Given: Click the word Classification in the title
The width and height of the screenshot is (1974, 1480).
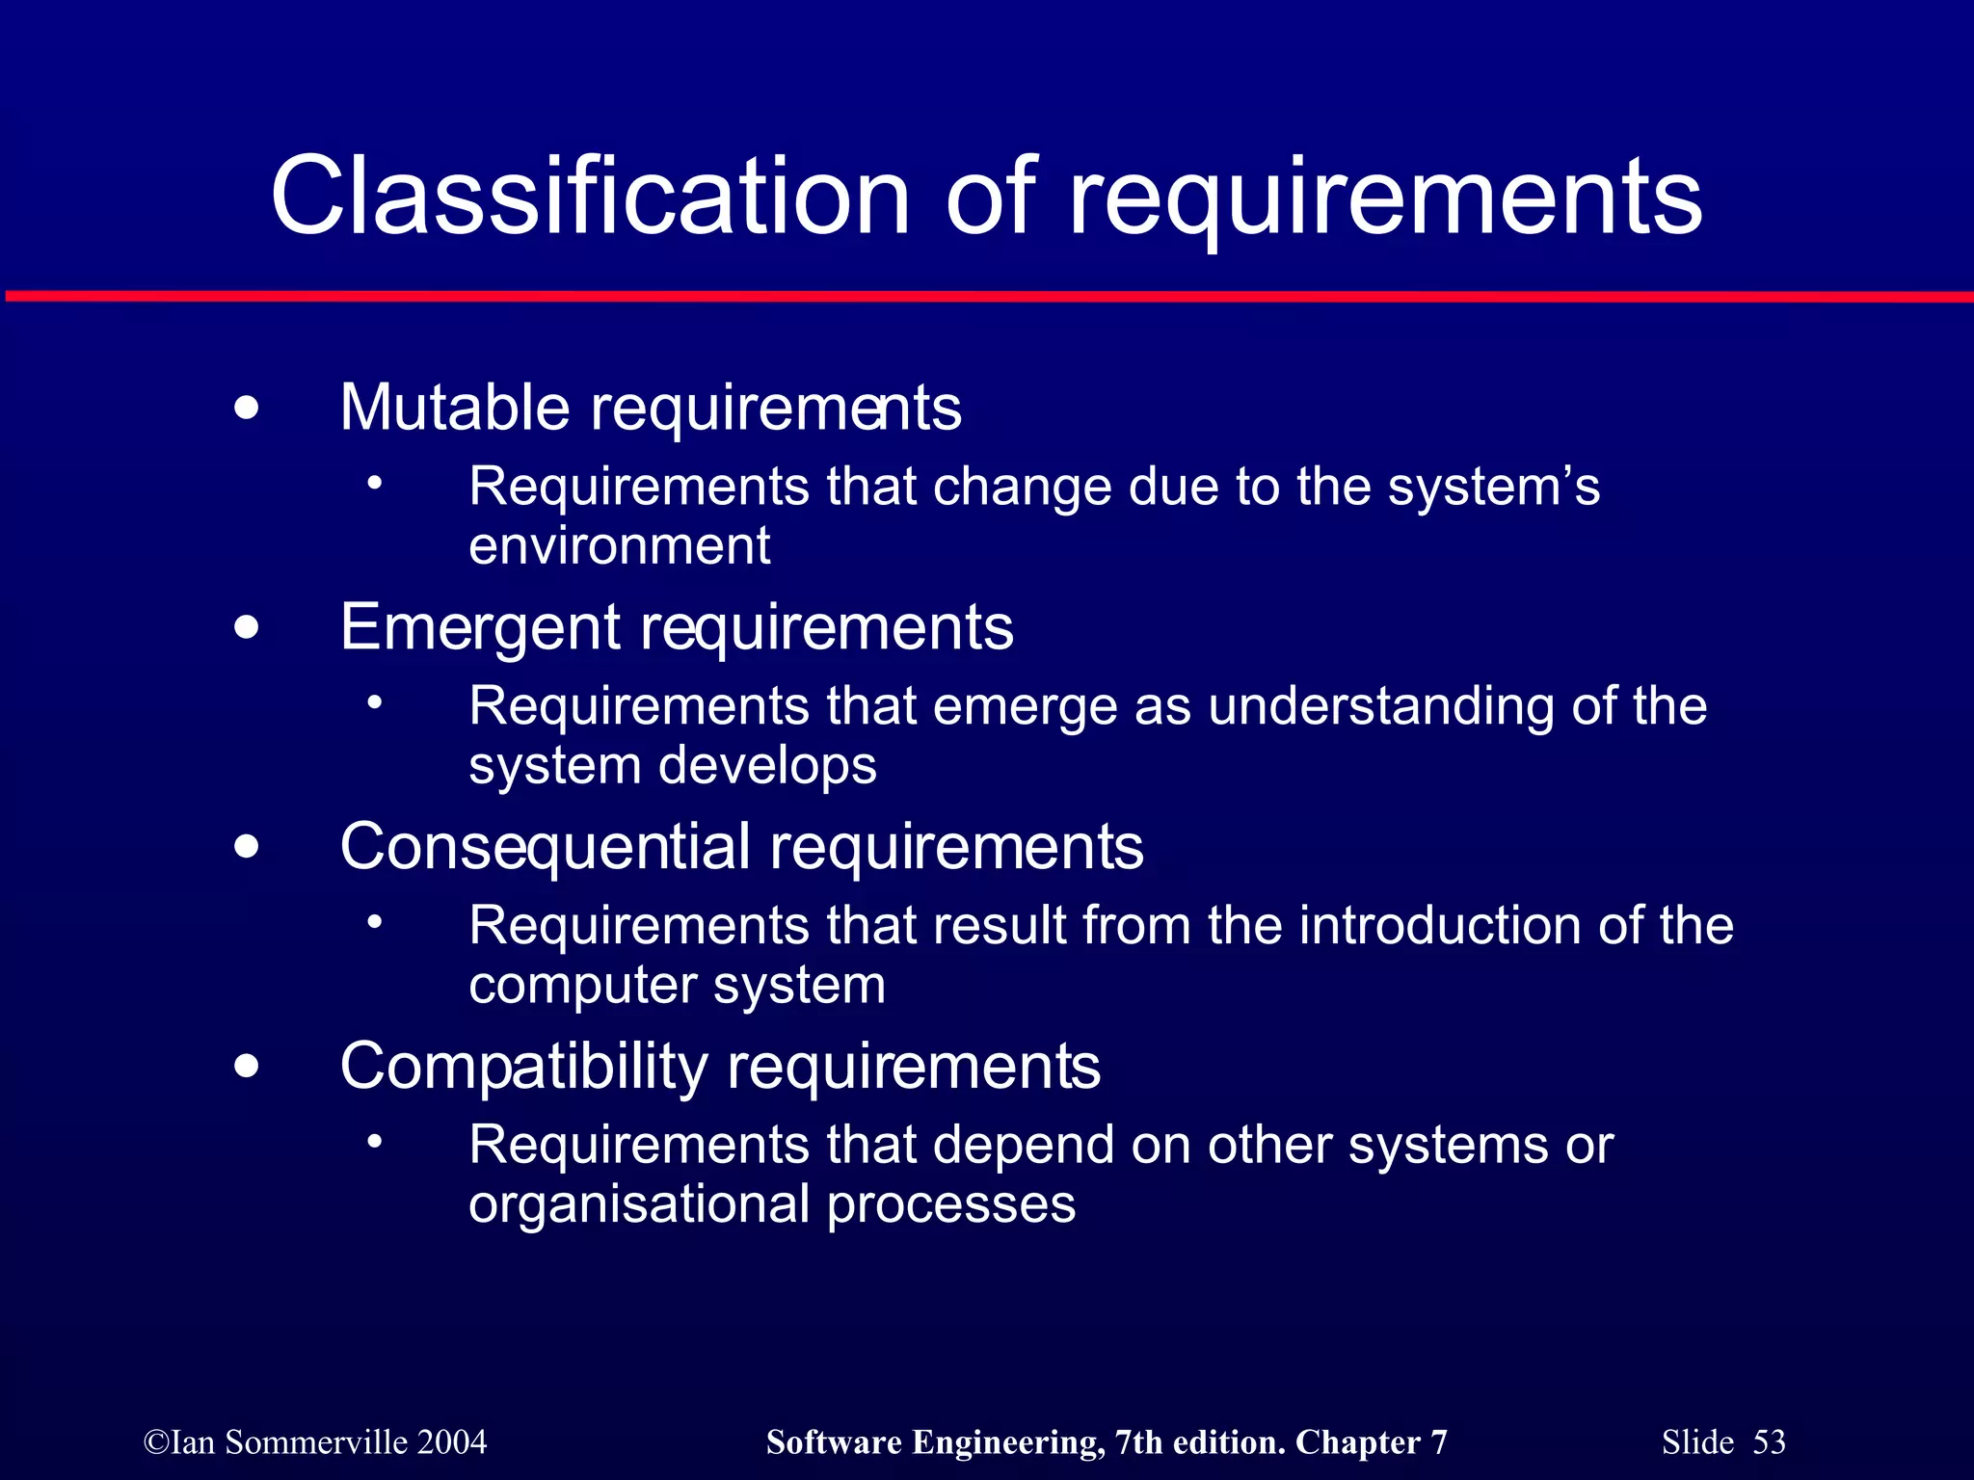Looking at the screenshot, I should [590, 197].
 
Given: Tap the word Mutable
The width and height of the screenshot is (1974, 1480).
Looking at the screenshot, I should [455, 408].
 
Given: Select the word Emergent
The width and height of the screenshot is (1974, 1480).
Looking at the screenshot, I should [480, 627].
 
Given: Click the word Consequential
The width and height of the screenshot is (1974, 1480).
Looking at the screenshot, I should [545, 847].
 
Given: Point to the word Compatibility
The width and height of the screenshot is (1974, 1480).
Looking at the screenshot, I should [523, 1067].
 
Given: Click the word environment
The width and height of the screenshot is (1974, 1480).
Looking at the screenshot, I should [619, 546].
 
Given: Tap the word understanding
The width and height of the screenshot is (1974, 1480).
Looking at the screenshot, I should [1380, 706].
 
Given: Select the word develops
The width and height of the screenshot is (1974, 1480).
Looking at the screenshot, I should [767, 766].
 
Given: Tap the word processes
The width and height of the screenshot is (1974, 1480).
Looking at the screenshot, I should [950, 1205].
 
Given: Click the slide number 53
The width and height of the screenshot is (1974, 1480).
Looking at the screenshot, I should [1769, 1442].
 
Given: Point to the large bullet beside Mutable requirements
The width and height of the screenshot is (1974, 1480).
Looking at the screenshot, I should [247, 408].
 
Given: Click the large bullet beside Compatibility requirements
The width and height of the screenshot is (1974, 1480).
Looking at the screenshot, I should [247, 1067].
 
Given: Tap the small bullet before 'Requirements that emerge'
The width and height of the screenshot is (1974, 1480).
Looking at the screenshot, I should [375, 701].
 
